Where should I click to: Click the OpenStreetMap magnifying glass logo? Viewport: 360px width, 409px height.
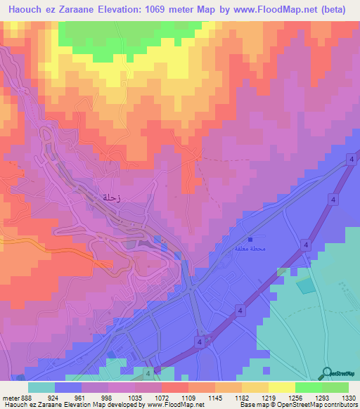pos(326,372)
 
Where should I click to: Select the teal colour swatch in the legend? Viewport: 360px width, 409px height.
pos(41,387)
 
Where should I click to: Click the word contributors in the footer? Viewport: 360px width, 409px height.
pos(340,405)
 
